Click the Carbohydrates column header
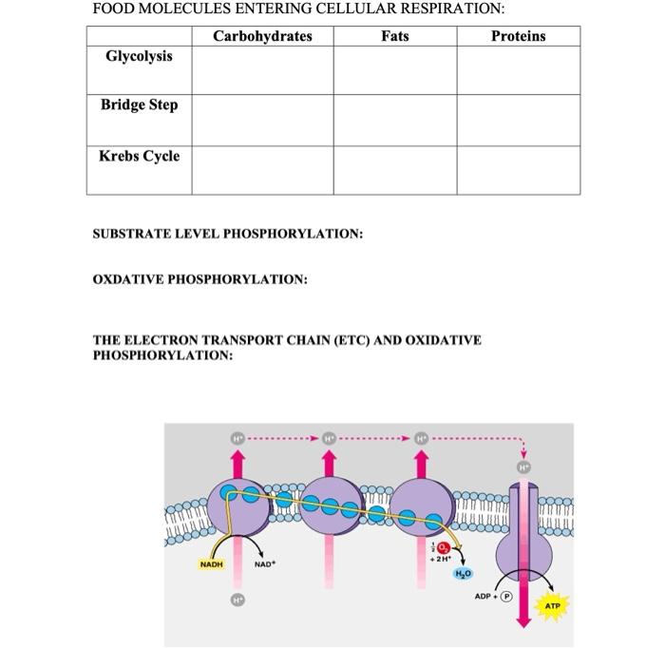(262, 36)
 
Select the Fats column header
(394, 36)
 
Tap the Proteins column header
(518, 36)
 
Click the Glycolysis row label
(139, 57)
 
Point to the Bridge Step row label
(139, 105)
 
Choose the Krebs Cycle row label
(139, 156)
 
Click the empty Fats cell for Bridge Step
(394, 120)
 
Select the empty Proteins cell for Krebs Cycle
(518, 170)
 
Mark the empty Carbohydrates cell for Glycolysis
(262, 69)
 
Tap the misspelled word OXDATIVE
(128, 279)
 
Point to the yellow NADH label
(211, 564)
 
